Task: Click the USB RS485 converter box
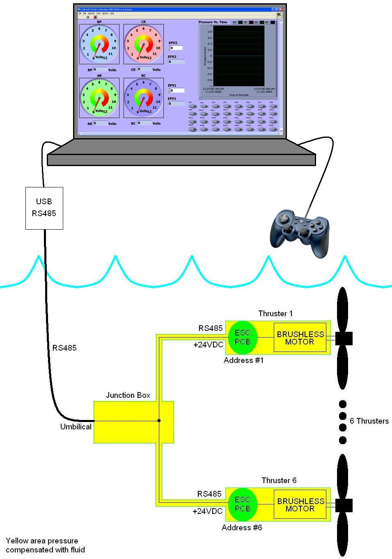(x=44, y=208)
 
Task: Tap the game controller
(x=300, y=232)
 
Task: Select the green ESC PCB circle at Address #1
(x=242, y=338)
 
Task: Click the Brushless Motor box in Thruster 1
(x=300, y=338)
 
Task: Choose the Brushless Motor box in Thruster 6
(x=300, y=504)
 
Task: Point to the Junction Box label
(x=128, y=395)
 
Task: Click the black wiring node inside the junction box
(x=159, y=420)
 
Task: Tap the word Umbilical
(x=76, y=427)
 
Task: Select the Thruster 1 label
(x=275, y=314)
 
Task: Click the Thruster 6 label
(x=279, y=480)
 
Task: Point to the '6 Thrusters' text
(x=369, y=421)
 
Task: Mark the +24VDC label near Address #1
(x=209, y=345)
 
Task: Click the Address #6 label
(x=242, y=527)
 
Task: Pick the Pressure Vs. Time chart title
(x=213, y=22)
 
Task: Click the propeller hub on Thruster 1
(x=344, y=338)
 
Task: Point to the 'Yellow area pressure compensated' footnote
(x=45, y=545)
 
